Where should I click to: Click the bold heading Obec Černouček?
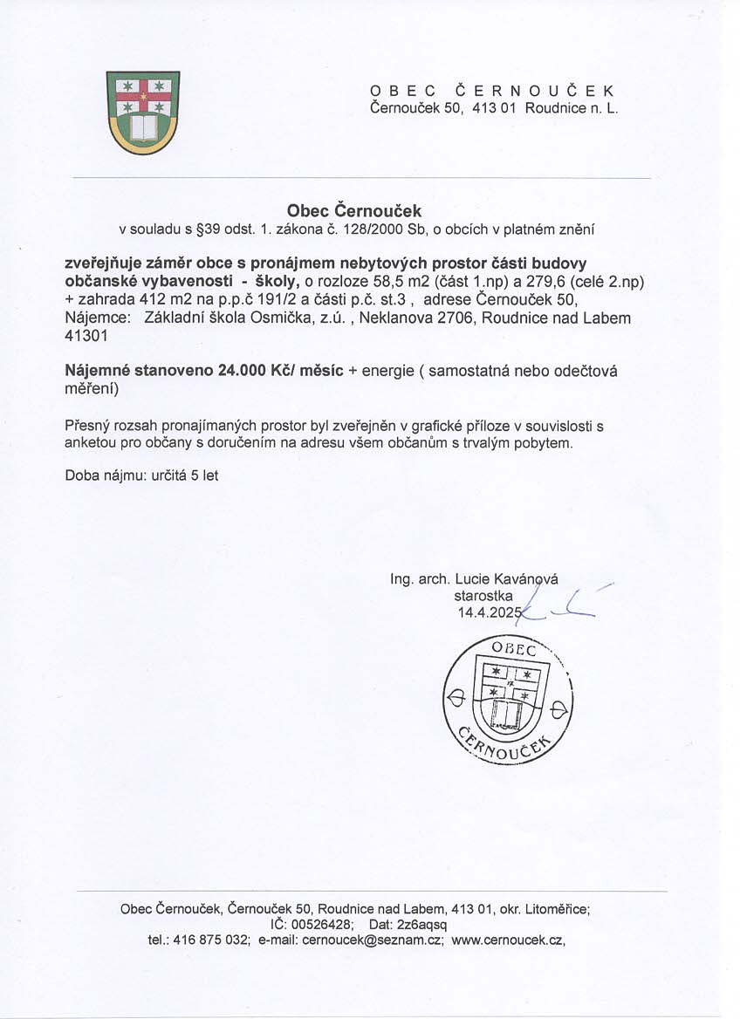(354, 210)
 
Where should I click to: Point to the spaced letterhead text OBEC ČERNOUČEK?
(493, 91)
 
